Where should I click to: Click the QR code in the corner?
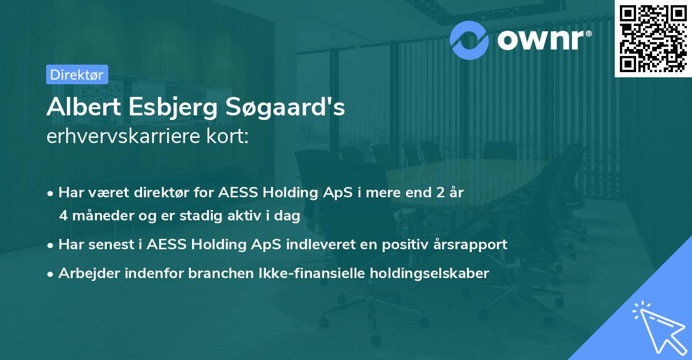pyautogui.click(x=653, y=38)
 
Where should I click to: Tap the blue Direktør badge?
pyautogui.click(x=76, y=74)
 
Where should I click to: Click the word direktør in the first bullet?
pyautogui.click(x=146, y=193)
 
